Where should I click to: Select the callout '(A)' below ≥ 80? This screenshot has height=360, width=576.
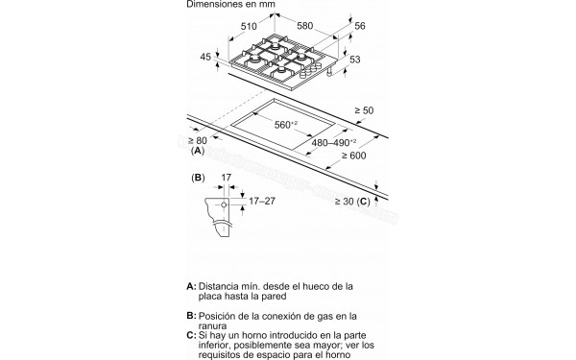point(198,153)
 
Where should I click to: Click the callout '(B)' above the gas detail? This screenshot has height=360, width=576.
point(199,179)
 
